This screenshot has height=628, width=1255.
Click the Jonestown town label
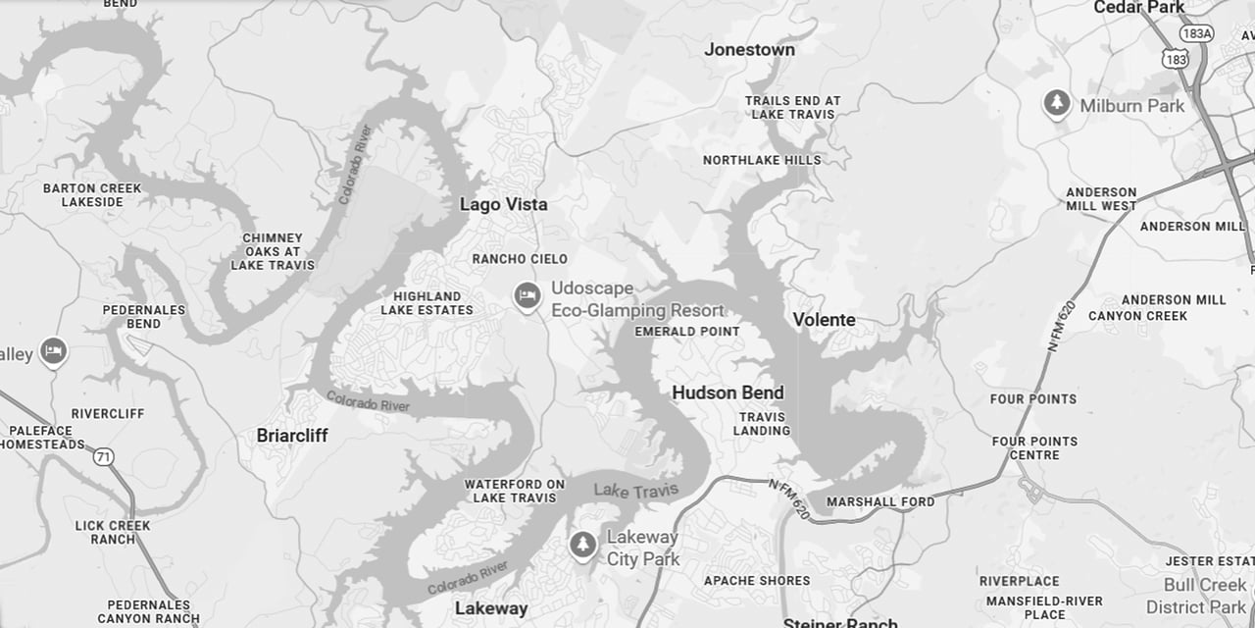pyautogui.click(x=749, y=49)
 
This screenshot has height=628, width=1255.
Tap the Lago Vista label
pyautogui.click(x=503, y=204)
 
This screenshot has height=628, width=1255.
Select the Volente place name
pyautogui.click(x=824, y=320)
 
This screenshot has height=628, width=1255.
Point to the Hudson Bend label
pyautogui.click(x=728, y=392)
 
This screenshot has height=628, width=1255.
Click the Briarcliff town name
pyautogui.click(x=292, y=435)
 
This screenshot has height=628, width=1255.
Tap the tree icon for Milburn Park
pyautogui.click(x=1056, y=103)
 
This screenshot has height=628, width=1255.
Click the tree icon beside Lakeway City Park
pyautogui.click(x=583, y=545)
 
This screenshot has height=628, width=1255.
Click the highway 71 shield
pyautogui.click(x=103, y=456)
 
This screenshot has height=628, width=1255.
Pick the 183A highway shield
pyautogui.click(x=1196, y=33)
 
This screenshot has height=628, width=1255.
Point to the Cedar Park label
pyautogui.click(x=1138, y=8)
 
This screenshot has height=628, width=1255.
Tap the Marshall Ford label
pyautogui.click(x=880, y=501)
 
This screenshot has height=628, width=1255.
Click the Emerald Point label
pyautogui.click(x=687, y=332)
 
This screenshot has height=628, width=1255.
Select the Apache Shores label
pyautogui.click(x=757, y=580)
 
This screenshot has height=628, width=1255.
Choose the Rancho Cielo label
pyautogui.click(x=520, y=259)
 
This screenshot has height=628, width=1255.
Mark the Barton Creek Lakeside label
pyautogui.click(x=92, y=194)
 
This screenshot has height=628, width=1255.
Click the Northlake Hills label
pyautogui.click(x=762, y=160)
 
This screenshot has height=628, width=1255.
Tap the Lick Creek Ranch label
pyautogui.click(x=113, y=532)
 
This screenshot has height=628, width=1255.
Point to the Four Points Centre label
pyautogui.click(x=1034, y=447)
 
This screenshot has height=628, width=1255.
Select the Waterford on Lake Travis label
pyautogui.click(x=515, y=491)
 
